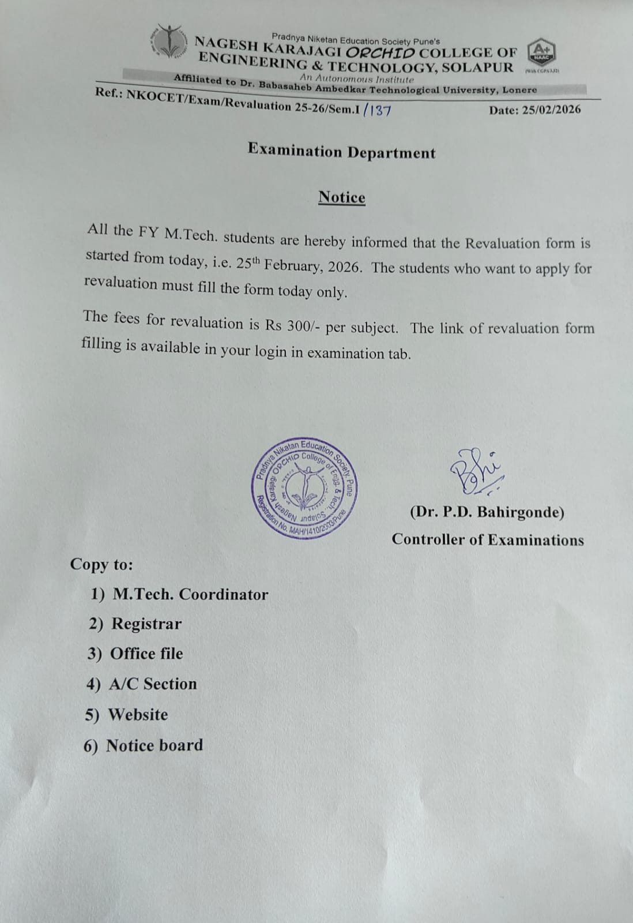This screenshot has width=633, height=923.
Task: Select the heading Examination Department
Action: point(341,152)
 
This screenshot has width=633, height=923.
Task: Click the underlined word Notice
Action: point(342,197)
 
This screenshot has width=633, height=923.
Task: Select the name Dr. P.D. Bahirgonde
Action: point(487,512)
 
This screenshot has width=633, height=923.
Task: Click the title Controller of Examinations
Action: point(488,540)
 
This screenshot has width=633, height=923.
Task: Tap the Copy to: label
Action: point(101,564)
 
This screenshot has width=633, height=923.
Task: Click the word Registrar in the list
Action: point(146,624)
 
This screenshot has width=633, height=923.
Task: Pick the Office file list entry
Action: point(146,654)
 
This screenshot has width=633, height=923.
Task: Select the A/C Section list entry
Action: point(153,684)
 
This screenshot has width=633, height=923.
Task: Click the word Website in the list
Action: point(138,714)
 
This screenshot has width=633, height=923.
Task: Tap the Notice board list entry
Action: point(155,745)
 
